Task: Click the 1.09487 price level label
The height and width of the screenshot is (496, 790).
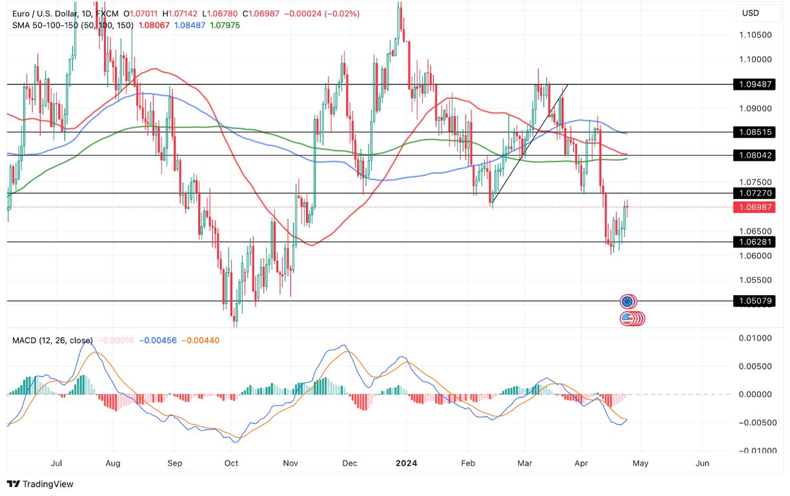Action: [754, 84]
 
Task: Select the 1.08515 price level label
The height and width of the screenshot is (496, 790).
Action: [754, 132]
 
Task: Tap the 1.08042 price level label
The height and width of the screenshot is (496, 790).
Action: [754, 155]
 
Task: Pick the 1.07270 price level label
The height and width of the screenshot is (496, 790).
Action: [754, 193]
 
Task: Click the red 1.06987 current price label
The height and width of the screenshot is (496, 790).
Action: [754, 207]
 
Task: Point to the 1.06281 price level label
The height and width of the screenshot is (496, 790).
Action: [754, 242]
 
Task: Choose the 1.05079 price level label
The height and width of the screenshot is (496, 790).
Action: [754, 301]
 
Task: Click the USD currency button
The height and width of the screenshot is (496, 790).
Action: [751, 13]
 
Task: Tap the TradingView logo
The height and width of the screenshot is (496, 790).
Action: [40, 484]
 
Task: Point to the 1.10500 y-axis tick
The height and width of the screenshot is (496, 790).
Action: [755, 35]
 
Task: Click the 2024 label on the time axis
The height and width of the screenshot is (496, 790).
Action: [407, 463]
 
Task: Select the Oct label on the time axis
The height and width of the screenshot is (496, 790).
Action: [231, 463]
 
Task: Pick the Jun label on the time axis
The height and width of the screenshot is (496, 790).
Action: [703, 463]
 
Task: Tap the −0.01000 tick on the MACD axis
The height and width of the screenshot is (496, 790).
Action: [752, 450]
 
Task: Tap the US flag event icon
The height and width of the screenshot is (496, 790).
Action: [627, 318]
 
